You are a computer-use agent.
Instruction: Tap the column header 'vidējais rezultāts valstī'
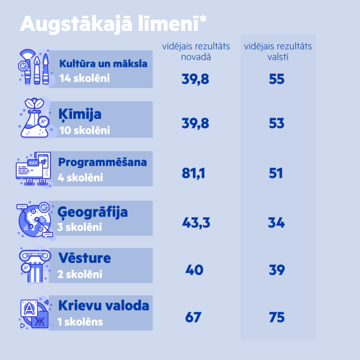pos(277,52)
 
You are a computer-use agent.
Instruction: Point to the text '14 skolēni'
pos(84,78)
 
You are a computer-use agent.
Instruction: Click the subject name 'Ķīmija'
pos(80,115)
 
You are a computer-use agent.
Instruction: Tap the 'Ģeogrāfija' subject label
pos(93,212)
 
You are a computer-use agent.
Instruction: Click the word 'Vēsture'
pos(84,258)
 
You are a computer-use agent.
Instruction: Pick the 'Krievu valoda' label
pos(103,305)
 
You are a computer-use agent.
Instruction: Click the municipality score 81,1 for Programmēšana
pos(193,173)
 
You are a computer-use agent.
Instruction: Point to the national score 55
pos(277,79)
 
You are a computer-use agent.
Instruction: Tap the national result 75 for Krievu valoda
pos(277,318)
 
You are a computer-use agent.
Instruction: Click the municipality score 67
pos(193,318)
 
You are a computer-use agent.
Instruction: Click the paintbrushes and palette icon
pos(34,67)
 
